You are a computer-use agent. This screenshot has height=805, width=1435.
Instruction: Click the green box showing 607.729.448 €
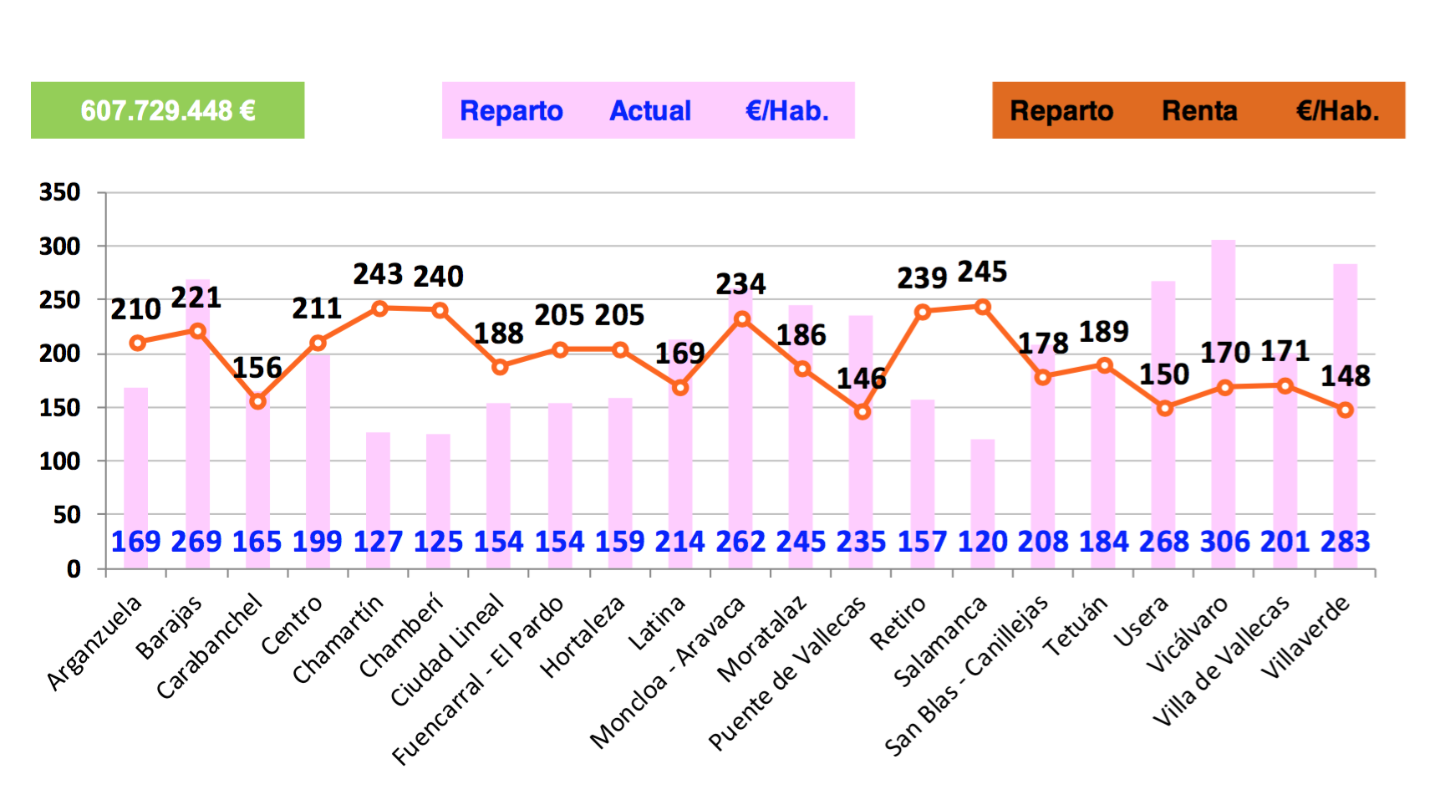(167, 110)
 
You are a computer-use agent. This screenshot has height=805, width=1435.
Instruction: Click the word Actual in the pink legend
(650, 110)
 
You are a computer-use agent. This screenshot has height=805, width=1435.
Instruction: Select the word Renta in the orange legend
(1198, 110)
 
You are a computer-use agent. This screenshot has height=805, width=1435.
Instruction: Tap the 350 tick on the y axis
(60, 192)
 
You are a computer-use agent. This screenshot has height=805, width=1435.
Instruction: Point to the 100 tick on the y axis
(60, 461)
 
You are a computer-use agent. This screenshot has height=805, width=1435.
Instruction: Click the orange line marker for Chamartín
(379, 308)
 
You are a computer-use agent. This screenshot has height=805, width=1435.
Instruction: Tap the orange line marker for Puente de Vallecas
(863, 411)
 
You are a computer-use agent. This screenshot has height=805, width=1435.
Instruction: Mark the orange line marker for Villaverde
(1345, 410)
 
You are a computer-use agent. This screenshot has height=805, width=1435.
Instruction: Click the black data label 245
(982, 272)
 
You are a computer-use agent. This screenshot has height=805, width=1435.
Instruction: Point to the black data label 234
(740, 284)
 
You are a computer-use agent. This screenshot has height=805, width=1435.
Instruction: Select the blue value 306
(1224, 542)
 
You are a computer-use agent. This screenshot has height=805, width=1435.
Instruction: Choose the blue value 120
(983, 542)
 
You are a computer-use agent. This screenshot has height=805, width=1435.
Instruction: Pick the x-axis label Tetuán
(1076, 625)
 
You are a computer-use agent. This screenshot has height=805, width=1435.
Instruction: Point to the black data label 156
(257, 368)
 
